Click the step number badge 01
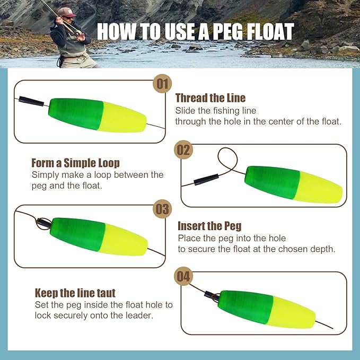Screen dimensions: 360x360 point(162,84)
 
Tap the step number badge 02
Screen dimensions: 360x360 point(183,150)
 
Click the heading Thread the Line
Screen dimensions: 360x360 point(210,98)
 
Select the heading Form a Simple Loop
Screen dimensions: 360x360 point(75,163)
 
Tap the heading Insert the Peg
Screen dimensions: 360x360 point(207,226)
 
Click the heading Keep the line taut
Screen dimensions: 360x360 point(75,293)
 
